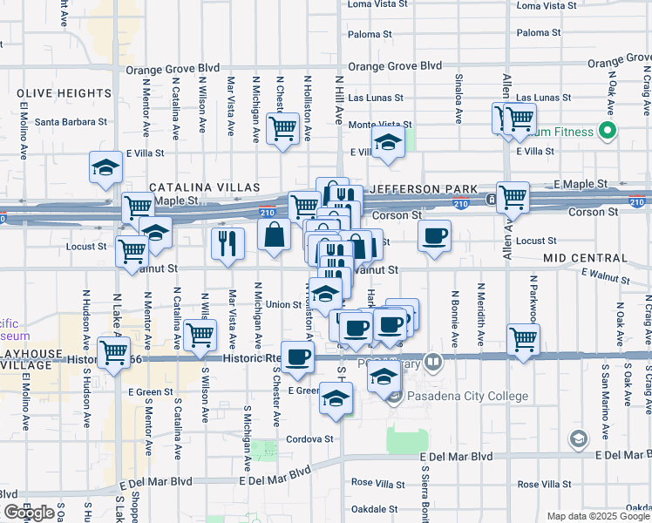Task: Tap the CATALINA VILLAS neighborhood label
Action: tap(205, 187)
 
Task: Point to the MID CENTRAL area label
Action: tap(584, 259)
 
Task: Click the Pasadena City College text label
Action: tap(466, 397)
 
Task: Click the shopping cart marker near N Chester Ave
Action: tap(282, 128)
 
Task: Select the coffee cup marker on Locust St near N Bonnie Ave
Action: tap(434, 234)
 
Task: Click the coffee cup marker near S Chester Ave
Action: tap(297, 356)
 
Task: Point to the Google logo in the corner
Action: tap(30, 513)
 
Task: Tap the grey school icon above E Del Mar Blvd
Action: tap(577, 438)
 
